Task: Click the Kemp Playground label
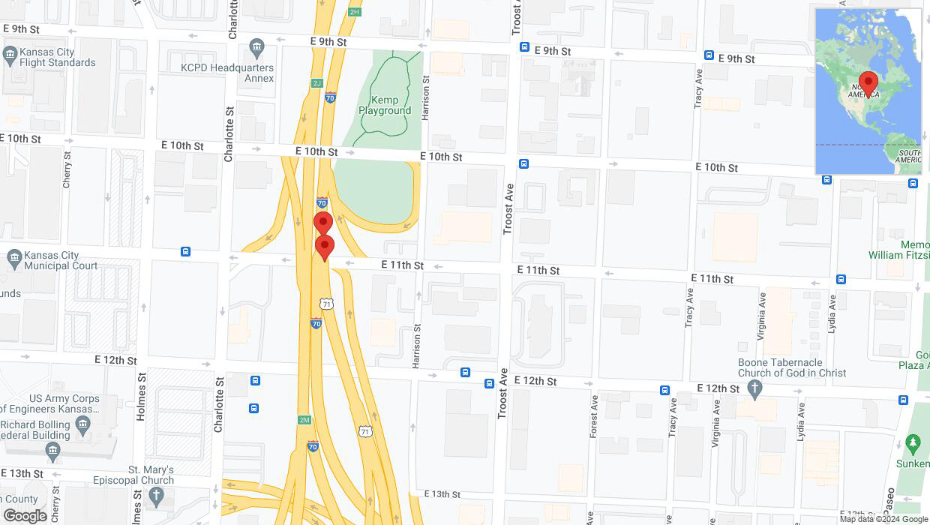point(385,105)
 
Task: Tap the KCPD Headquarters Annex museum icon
point(257,49)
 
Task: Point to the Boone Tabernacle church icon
point(755,388)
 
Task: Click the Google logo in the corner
point(25,516)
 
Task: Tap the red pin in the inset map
point(868,83)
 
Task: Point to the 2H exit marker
point(355,12)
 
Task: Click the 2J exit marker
point(316,83)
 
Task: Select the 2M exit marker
point(304,420)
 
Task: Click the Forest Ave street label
point(593,416)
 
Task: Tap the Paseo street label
point(890,507)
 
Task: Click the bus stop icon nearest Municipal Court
point(185,251)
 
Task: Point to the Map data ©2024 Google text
point(883,519)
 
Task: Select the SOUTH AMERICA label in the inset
point(908,155)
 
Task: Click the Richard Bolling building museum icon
point(82,424)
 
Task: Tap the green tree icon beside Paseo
point(913,444)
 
